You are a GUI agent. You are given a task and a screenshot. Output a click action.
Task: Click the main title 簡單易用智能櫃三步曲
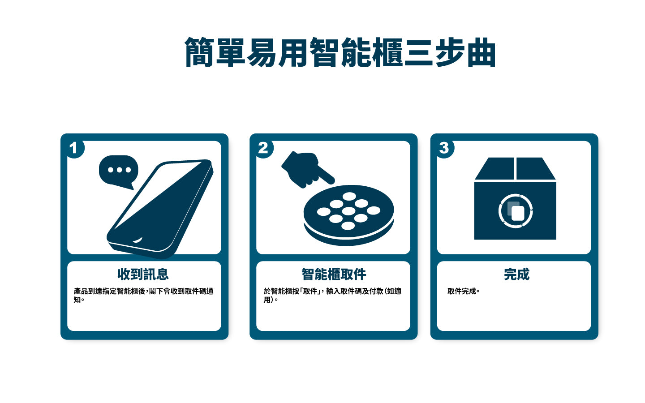point(340,53)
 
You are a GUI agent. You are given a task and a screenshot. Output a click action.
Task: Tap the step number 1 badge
point(74,148)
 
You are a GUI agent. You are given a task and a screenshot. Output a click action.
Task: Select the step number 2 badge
point(263,148)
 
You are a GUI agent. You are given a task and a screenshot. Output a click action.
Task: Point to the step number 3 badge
point(444,148)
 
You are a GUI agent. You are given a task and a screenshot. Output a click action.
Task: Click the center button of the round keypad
point(348,211)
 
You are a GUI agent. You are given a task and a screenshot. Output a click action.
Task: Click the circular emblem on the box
point(516,211)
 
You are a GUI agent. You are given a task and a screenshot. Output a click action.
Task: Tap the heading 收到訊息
point(143,274)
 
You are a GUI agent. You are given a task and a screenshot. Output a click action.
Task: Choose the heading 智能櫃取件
point(334,274)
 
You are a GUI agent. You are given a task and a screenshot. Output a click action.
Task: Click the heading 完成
point(516,274)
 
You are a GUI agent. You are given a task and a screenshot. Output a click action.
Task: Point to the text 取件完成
point(464,291)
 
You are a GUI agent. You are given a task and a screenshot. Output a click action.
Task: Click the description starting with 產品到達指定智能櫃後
point(143,295)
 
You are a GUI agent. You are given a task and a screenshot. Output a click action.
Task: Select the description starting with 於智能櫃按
point(332,295)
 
